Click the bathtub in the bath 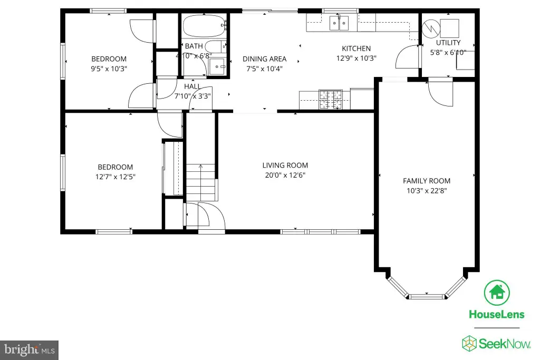(x=204, y=26)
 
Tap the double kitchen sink (x=339, y=23)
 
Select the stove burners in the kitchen (x=331, y=100)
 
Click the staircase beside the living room (x=201, y=182)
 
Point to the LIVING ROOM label (x=285, y=165)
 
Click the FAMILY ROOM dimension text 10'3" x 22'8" (x=427, y=191)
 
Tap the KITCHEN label (x=356, y=48)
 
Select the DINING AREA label (x=265, y=59)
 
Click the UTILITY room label (x=448, y=43)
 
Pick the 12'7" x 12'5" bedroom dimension (x=115, y=177)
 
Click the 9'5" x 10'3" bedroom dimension (x=109, y=69)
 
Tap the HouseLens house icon (x=497, y=293)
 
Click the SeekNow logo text (x=505, y=344)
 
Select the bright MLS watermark (x=30, y=350)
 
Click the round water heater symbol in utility (x=431, y=28)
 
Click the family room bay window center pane (x=427, y=296)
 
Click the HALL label (x=192, y=86)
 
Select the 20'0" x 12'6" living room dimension (x=285, y=175)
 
